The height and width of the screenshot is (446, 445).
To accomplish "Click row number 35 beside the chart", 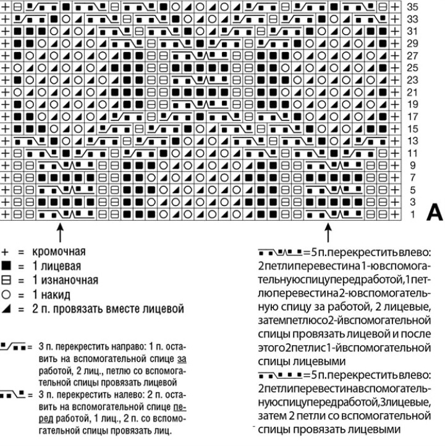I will click(x=415, y=8).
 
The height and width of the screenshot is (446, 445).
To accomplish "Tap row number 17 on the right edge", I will click(x=415, y=116).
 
